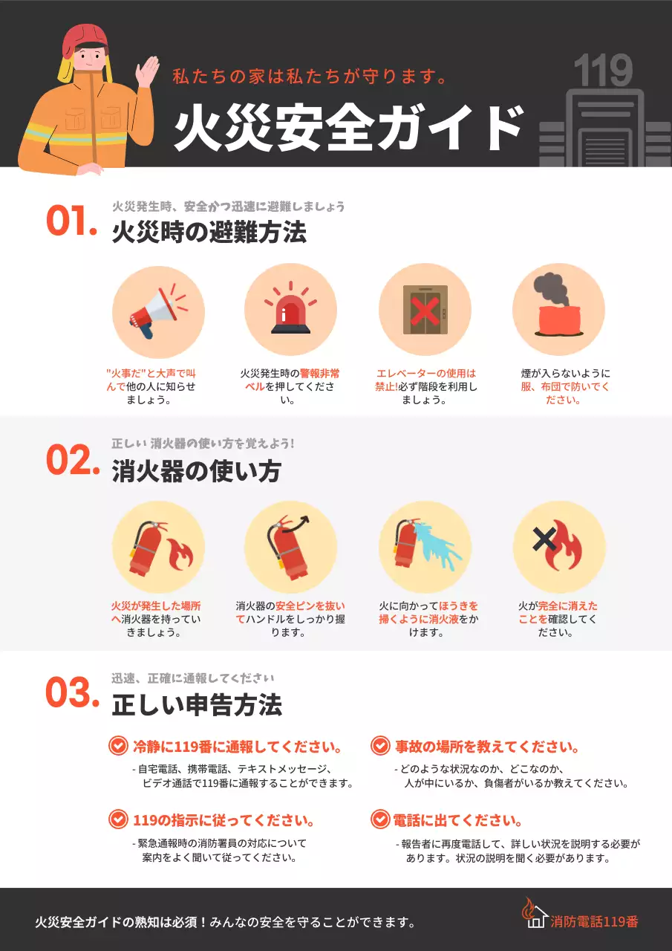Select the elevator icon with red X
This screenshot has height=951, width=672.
[x=425, y=310]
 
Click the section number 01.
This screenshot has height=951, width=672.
[x=71, y=222]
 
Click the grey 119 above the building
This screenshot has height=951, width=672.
[x=602, y=71]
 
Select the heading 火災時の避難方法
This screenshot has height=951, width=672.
[x=209, y=233]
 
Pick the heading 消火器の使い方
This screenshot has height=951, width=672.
[x=196, y=471]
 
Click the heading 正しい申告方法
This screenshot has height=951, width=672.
[x=197, y=705]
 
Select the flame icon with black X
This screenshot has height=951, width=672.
[x=558, y=546]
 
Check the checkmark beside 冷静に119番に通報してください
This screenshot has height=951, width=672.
[x=118, y=746]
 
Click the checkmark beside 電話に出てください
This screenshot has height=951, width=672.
[x=380, y=819]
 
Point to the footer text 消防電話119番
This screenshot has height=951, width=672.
[x=594, y=921]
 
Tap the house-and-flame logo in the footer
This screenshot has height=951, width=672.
[x=535, y=915]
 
